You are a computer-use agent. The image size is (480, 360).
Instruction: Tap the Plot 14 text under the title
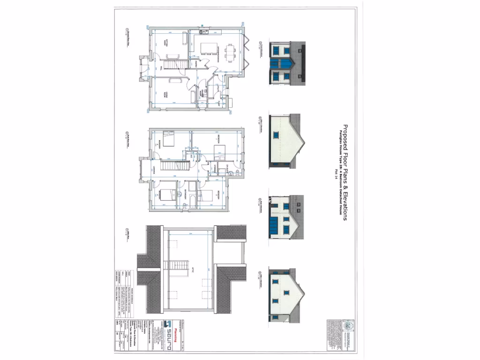[336, 173]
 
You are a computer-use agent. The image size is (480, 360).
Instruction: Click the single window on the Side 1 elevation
[276, 135]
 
